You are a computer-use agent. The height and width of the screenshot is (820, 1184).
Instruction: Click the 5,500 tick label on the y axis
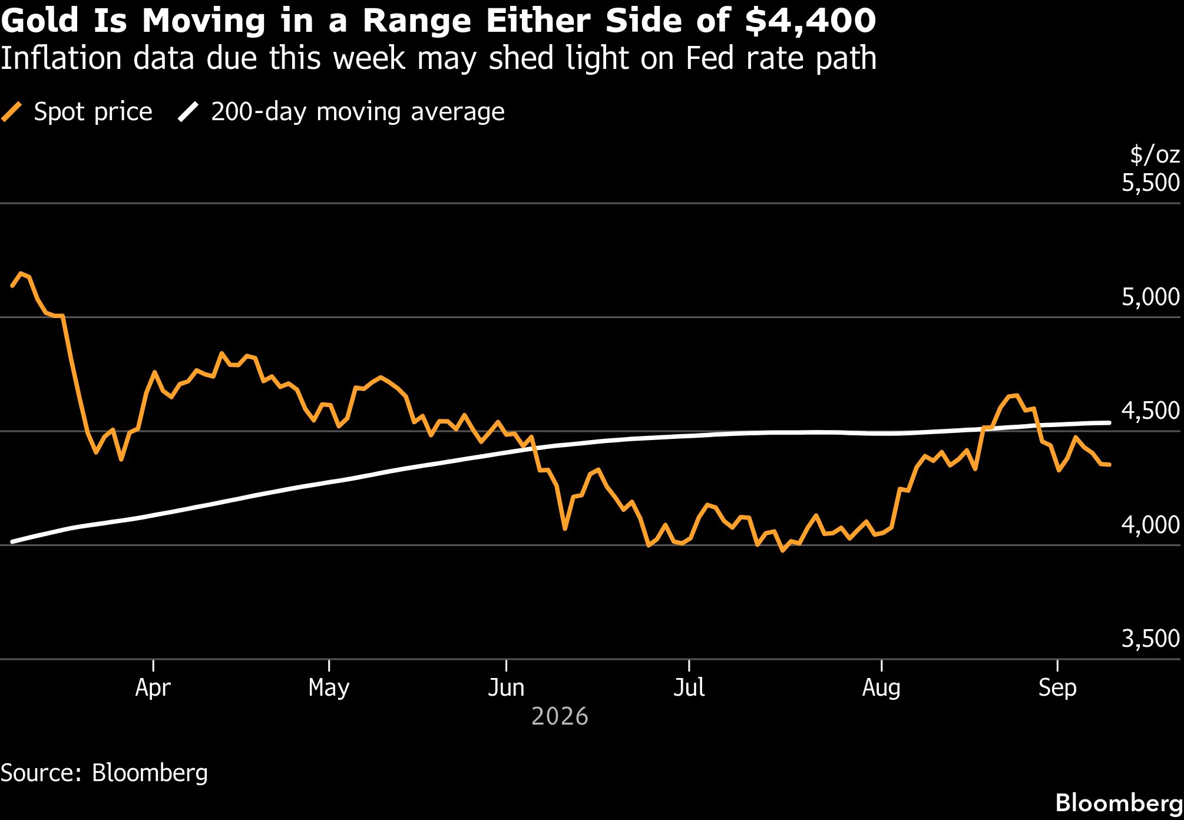click(1150, 183)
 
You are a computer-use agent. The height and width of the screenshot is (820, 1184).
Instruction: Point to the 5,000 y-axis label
click(1150, 297)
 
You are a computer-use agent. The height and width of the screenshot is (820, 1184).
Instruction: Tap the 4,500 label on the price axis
click(1150, 411)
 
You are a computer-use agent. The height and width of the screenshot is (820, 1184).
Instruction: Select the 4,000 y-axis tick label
click(1150, 524)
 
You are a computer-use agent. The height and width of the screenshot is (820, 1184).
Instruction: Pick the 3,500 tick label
click(1150, 639)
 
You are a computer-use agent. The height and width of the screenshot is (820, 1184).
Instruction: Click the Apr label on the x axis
click(153, 688)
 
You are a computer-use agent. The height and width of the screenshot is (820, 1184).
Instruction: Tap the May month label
click(329, 688)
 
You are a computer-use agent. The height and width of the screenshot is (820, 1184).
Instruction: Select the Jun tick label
click(506, 687)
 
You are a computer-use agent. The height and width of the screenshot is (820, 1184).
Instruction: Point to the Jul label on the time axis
click(689, 687)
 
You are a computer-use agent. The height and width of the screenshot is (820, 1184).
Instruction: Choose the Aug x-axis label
click(881, 688)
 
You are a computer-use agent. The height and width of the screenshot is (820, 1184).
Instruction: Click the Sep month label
click(1057, 688)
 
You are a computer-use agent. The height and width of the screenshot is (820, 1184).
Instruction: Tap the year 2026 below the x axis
click(560, 717)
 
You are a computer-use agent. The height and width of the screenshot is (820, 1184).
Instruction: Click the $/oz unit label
click(1155, 154)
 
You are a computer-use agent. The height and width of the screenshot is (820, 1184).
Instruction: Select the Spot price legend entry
click(77, 112)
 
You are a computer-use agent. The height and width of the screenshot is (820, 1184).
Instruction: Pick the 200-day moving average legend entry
click(341, 112)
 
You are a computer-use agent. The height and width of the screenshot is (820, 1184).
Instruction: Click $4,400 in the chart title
click(810, 21)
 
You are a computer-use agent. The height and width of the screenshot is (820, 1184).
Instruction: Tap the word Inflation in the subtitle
click(63, 58)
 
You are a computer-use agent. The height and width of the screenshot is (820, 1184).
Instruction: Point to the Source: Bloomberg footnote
click(104, 773)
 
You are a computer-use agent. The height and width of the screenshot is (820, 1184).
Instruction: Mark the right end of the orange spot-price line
click(1109, 465)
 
